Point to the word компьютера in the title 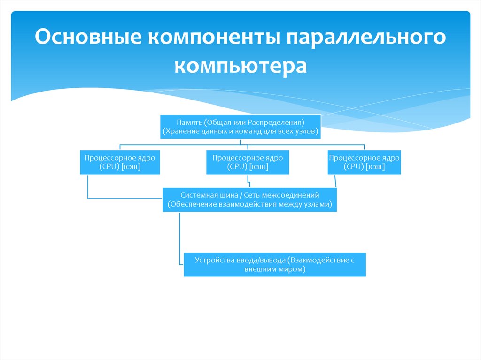[x=240, y=65]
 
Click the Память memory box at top [x=240, y=126]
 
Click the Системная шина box [x=249, y=199]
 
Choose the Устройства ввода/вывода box [x=274, y=265]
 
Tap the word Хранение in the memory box [x=178, y=131]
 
